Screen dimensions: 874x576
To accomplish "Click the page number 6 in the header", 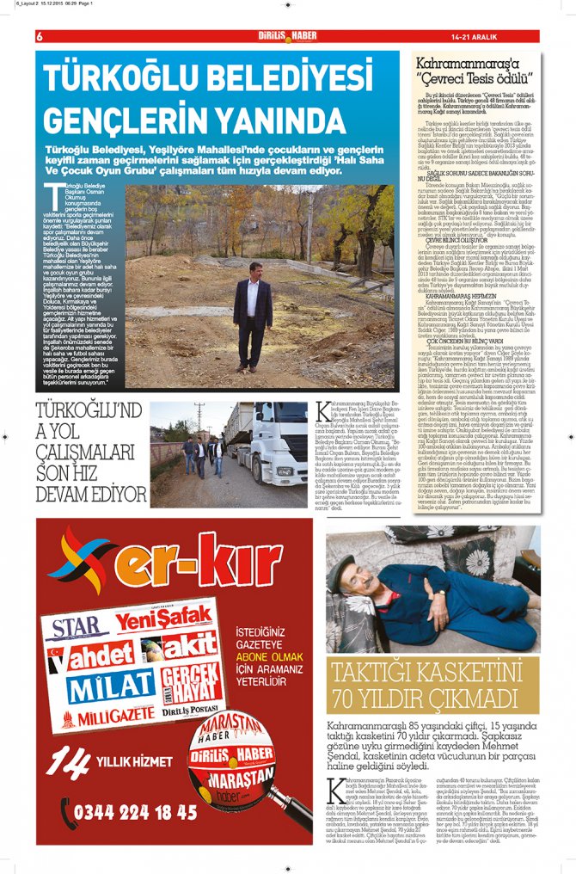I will click(40, 36).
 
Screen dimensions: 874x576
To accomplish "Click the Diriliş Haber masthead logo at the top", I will click(287, 36).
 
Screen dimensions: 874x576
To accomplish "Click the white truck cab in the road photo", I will click(280, 447).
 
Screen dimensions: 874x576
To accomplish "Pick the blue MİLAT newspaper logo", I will click(112, 688).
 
